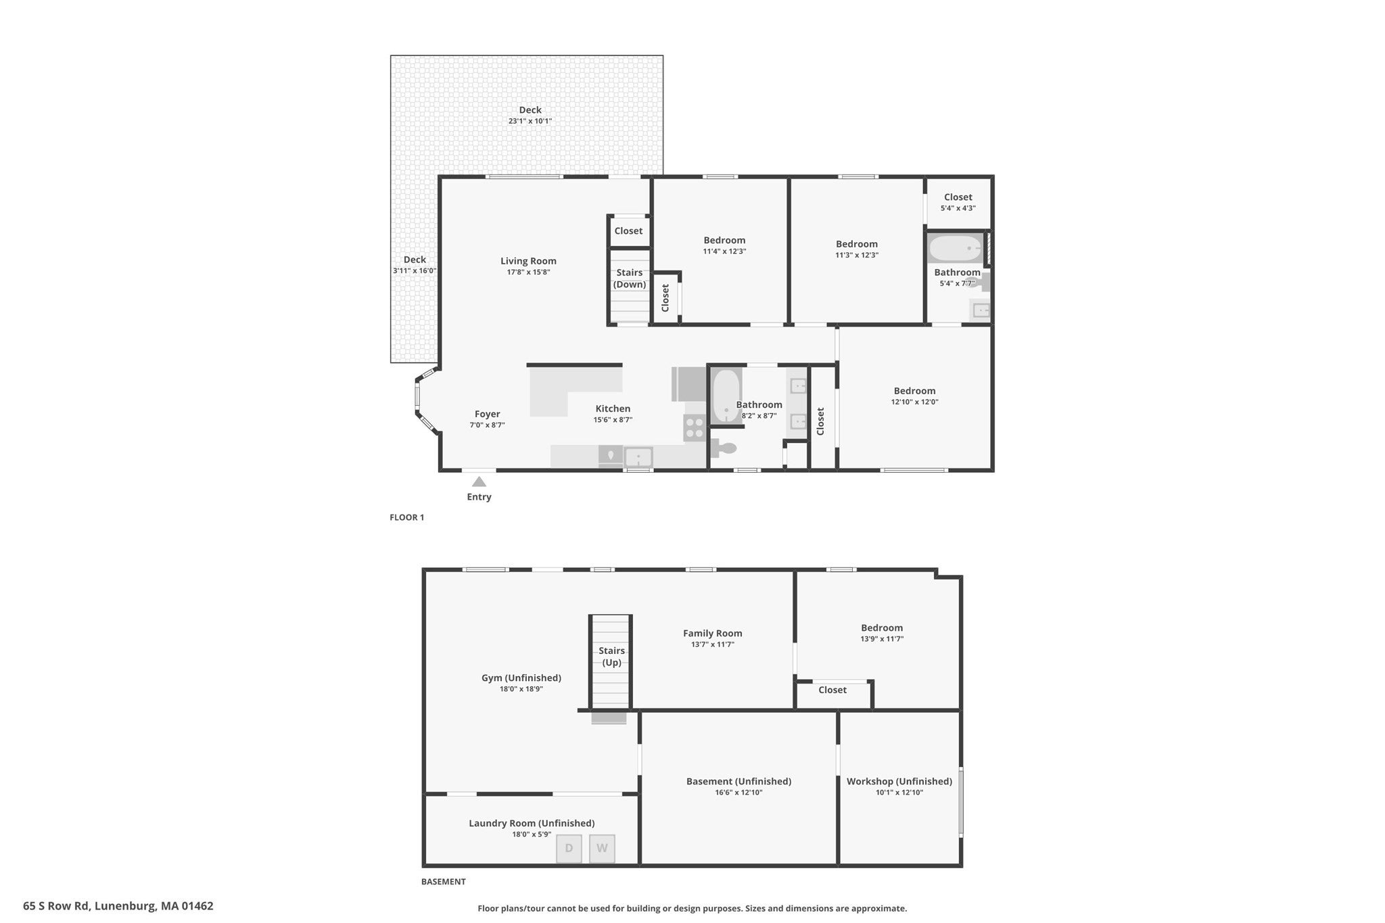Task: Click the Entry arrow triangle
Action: pos(479,481)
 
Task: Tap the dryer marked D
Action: pos(569,849)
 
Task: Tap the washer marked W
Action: pos(602,849)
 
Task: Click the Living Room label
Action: pos(528,261)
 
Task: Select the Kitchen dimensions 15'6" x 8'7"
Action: pos(613,420)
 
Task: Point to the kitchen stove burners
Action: pos(695,428)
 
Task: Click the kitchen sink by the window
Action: pos(638,457)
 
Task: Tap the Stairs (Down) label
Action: pos(630,279)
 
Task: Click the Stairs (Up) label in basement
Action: pos(611,657)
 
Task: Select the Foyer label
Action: pos(487,414)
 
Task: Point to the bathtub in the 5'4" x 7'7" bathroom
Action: pos(956,249)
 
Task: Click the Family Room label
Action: pos(712,634)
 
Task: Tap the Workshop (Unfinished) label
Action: pos(899,782)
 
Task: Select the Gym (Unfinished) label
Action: pos(521,678)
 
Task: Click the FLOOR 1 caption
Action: pos(407,518)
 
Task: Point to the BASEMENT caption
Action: pos(444,882)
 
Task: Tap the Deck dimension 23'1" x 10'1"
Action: pos(530,122)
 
